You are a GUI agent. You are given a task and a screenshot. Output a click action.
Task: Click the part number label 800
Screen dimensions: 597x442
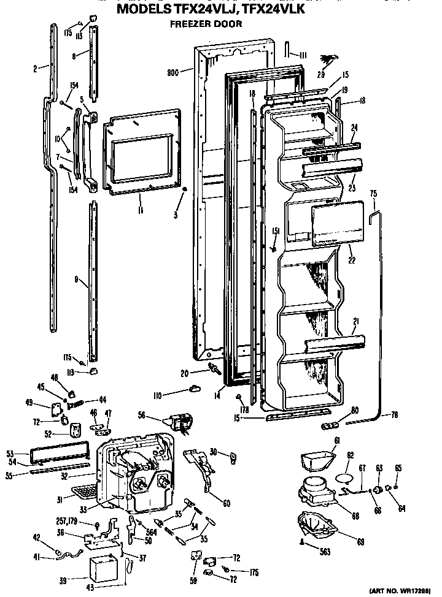[x=173, y=72]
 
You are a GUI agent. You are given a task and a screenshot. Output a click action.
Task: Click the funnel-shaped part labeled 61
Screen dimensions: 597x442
[x=318, y=461]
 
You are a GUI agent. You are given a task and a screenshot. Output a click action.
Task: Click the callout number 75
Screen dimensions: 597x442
[x=373, y=194]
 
